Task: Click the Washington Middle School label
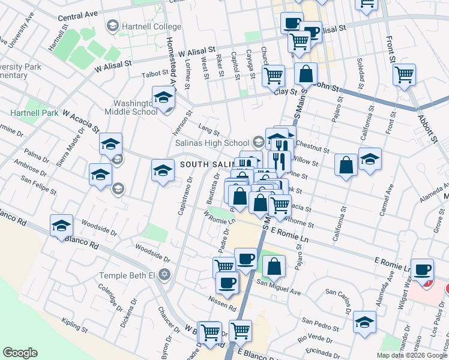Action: point(131,103)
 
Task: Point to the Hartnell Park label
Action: point(34,113)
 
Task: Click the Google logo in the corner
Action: point(20,353)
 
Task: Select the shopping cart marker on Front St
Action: point(405,74)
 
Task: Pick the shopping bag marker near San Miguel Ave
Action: point(274,266)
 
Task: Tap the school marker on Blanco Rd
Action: point(61,226)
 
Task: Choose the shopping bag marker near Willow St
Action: point(347,165)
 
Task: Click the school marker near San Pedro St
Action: point(364,322)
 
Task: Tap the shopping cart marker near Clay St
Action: point(273,76)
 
